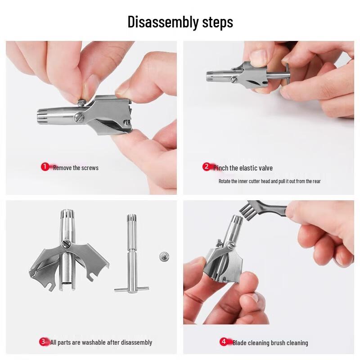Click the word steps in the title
point(216,22)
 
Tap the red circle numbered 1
point(45,167)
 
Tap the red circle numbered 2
point(207,167)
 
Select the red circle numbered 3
point(43,342)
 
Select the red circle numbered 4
point(224,342)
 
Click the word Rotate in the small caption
point(225,181)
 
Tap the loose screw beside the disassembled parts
point(163,256)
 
